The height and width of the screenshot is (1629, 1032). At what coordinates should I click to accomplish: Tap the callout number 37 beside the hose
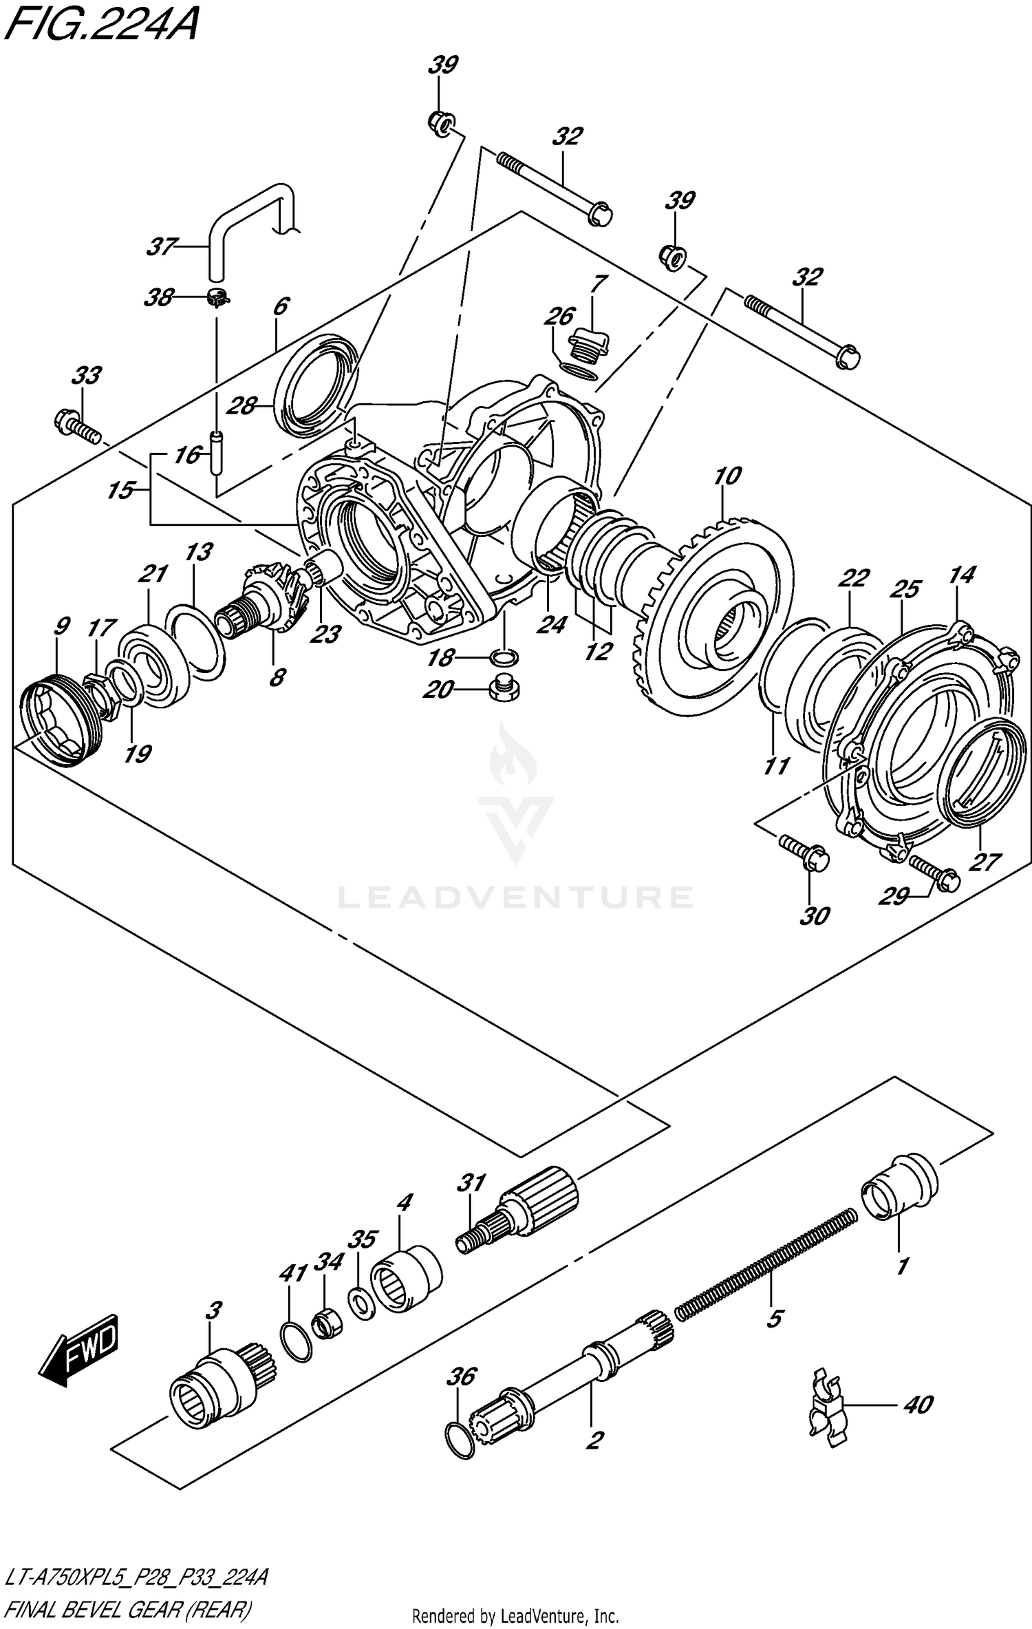point(162,246)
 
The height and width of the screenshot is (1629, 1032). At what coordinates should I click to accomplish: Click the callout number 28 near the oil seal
point(242,406)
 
